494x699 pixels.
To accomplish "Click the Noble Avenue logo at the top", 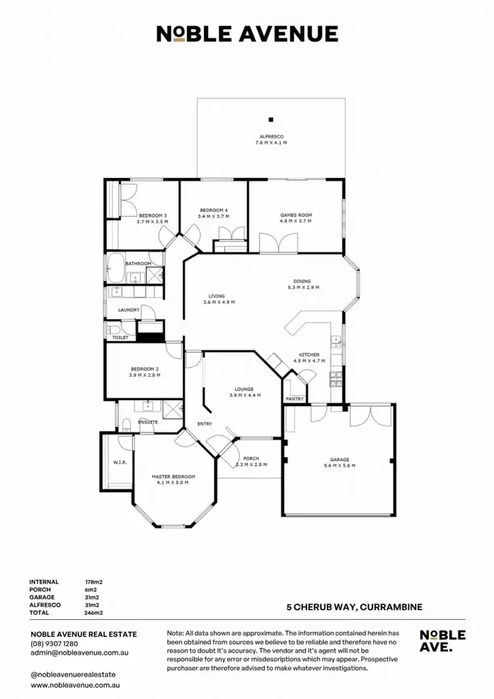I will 247,34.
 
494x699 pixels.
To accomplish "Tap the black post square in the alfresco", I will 271,119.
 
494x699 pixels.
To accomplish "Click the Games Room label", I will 296,215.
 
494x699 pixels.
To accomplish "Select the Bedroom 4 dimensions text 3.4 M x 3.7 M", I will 214,216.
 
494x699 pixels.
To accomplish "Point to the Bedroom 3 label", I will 152,215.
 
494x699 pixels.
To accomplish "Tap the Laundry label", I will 128,310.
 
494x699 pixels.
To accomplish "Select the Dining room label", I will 302,281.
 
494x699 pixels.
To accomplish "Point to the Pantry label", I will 293,399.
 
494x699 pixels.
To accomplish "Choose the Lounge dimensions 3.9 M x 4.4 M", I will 245,395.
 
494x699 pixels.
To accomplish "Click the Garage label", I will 339,460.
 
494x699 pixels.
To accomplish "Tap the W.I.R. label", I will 119,462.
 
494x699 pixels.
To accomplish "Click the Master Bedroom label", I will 173,476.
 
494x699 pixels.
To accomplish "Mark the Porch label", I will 251,459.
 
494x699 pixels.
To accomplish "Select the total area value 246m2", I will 94,613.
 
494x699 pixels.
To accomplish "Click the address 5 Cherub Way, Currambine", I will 354,607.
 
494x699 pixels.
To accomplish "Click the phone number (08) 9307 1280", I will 54,644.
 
